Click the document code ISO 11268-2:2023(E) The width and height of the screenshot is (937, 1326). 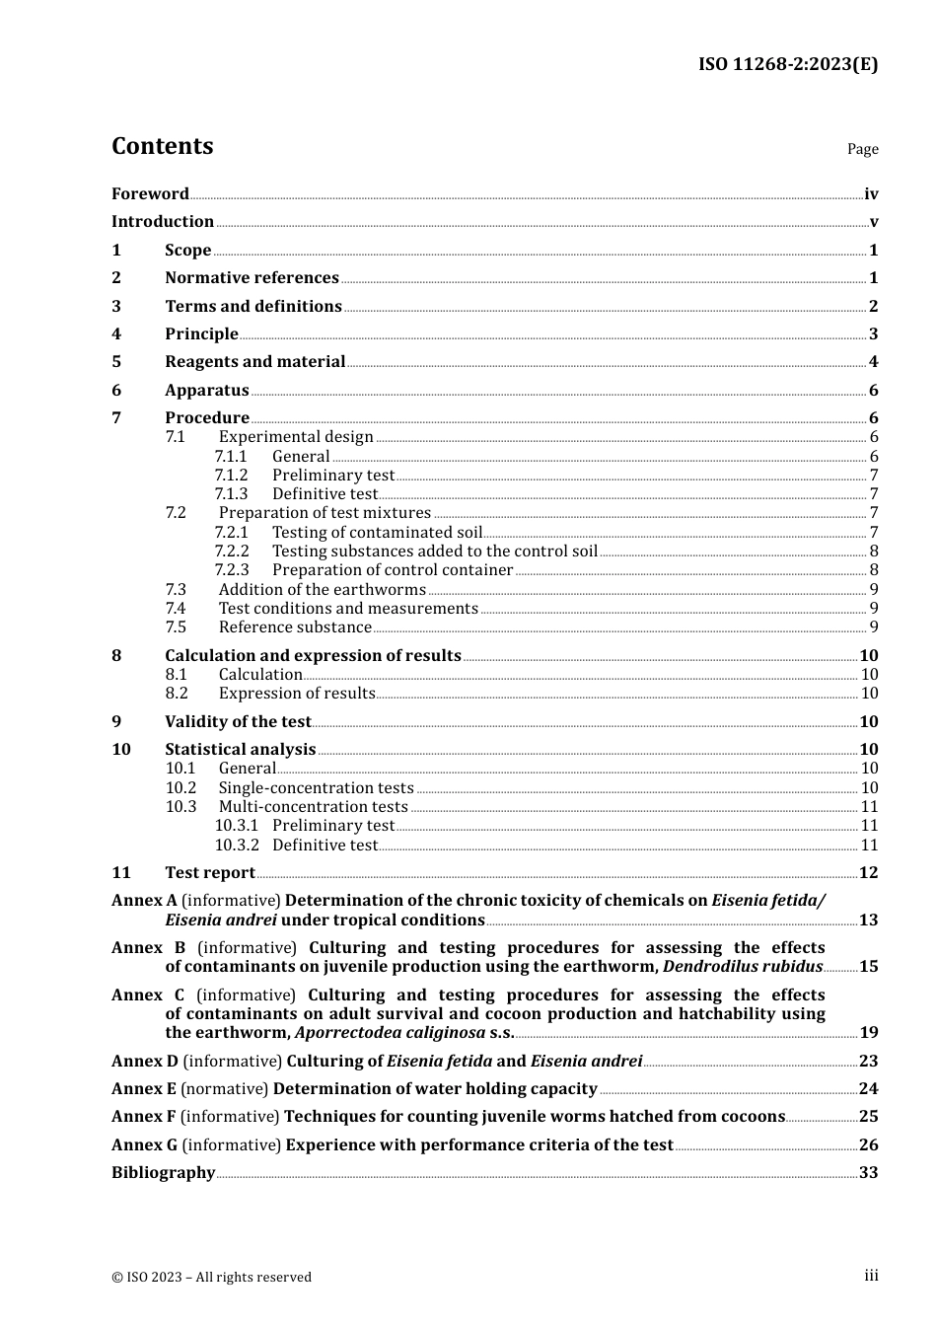tap(787, 65)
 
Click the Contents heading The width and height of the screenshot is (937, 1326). tap(162, 146)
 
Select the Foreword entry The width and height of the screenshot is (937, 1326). tap(150, 194)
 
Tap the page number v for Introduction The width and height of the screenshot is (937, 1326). tap(873, 222)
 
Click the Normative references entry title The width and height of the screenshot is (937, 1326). tap(252, 278)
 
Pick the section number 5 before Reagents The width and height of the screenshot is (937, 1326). tap(116, 362)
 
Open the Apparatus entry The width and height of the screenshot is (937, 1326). tap(206, 391)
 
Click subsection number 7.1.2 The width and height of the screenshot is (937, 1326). tap(231, 476)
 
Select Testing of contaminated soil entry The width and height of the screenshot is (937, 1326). tap(377, 533)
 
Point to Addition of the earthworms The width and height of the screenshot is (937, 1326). tap(322, 590)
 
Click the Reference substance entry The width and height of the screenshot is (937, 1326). tap(295, 627)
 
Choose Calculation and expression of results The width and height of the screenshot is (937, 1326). tap(313, 656)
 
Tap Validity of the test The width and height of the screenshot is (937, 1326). tap(238, 722)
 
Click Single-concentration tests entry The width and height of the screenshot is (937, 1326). tap(316, 788)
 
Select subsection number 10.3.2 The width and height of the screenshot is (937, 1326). tap(237, 846)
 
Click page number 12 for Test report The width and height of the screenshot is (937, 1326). tap(868, 873)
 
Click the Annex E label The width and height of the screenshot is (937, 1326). tap(144, 1089)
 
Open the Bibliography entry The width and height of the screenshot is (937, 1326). tap(163, 1173)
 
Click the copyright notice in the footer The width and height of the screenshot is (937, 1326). tap(211, 1277)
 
